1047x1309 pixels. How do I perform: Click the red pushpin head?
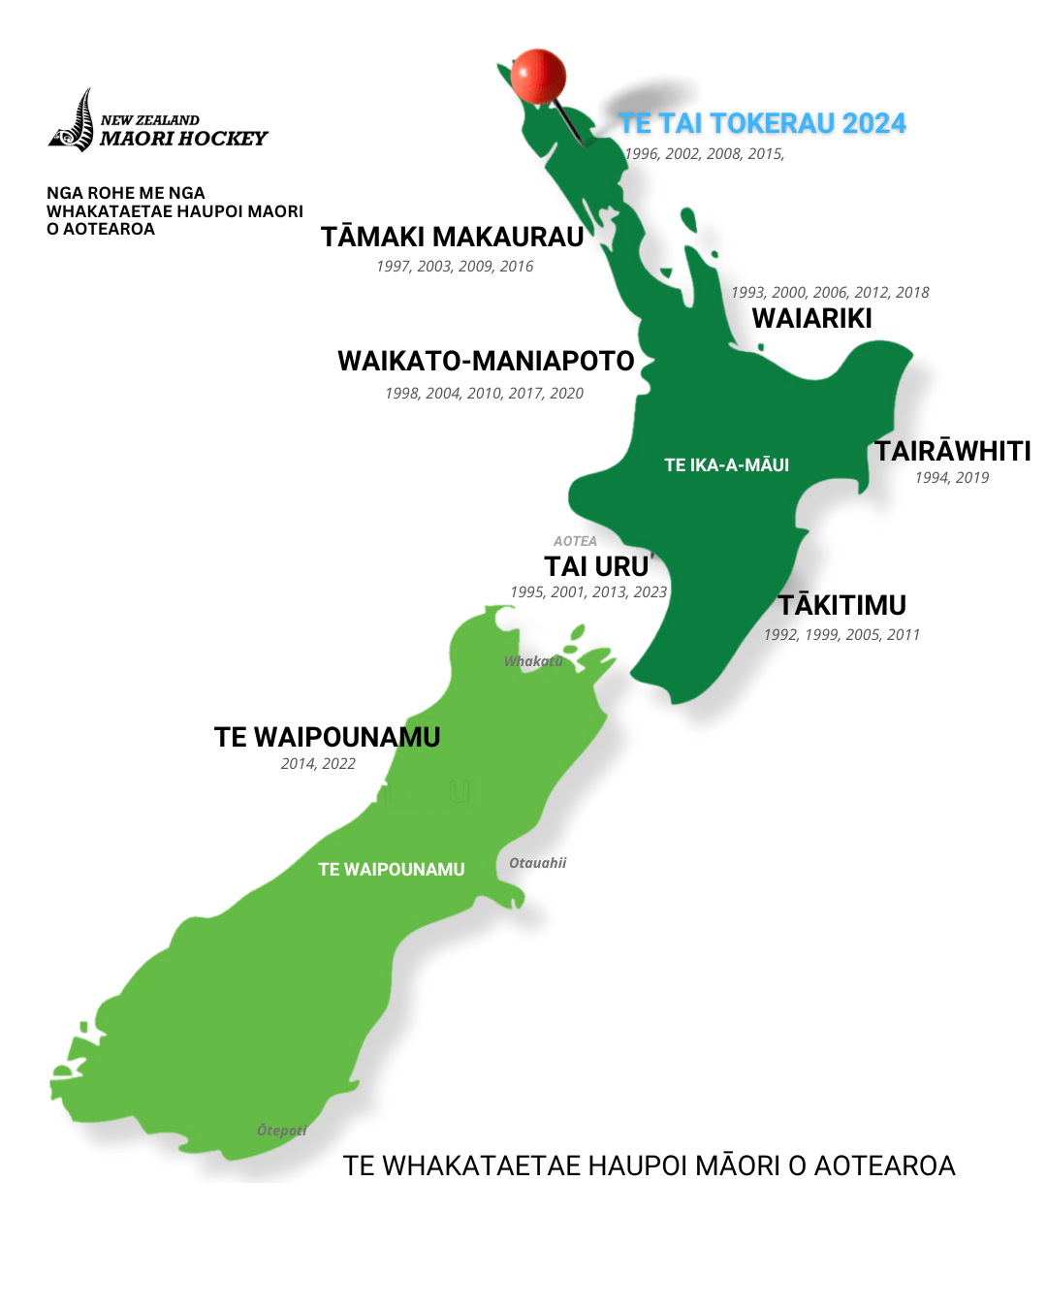click(538, 76)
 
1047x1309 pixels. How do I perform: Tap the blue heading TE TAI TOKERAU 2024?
click(762, 123)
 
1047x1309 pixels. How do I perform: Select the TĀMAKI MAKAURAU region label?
click(452, 237)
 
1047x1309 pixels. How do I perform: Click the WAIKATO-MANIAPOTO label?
click(486, 361)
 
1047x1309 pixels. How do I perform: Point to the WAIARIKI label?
click(811, 318)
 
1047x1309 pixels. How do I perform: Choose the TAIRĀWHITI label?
click(953, 451)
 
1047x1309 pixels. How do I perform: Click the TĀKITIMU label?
click(841, 605)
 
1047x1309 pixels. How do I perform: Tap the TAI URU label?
click(596, 566)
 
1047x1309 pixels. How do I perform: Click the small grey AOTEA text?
click(575, 541)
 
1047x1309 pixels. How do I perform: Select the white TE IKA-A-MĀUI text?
click(726, 465)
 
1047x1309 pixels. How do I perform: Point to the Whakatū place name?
click(533, 661)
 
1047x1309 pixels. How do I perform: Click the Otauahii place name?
click(537, 863)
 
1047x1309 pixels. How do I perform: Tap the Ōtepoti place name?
click(281, 1131)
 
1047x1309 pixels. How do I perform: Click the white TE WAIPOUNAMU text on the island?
click(392, 870)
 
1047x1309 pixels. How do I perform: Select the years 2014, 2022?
click(318, 764)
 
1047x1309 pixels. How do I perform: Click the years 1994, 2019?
click(951, 477)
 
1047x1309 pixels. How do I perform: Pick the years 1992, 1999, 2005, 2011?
click(841, 635)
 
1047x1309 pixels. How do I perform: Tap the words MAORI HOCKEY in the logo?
click(183, 139)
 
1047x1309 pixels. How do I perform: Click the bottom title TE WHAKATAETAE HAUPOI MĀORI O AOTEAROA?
click(649, 1165)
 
